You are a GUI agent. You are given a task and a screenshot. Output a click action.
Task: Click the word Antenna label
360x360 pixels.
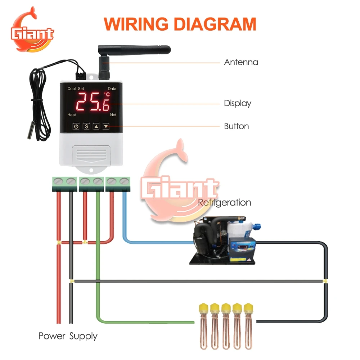tap(241, 62)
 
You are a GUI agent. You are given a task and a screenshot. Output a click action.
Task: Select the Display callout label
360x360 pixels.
tap(238, 103)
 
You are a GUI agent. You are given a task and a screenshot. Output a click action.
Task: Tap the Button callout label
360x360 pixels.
tap(237, 126)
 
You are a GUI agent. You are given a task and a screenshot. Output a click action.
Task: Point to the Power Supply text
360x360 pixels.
tap(68, 336)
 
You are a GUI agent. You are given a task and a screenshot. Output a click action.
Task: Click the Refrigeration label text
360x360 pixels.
tap(225, 202)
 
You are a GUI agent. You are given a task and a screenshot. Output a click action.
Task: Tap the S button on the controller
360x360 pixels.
tap(86, 126)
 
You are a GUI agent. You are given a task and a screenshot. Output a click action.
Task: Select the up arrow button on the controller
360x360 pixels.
tap(96, 126)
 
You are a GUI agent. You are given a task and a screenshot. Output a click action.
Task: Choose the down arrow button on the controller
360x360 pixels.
tap(106, 126)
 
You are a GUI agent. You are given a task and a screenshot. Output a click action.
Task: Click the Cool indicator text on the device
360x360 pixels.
tap(72, 89)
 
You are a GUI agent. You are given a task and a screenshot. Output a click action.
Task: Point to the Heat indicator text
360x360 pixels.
tap(72, 115)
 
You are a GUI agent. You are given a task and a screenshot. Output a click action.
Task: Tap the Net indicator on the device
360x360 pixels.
tap(113, 115)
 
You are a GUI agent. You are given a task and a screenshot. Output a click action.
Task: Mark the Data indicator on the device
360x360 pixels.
tap(112, 89)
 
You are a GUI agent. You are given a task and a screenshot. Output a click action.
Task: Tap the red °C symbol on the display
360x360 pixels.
tap(107, 95)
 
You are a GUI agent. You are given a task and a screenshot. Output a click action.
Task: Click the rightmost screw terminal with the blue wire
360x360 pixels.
tap(124, 181)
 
